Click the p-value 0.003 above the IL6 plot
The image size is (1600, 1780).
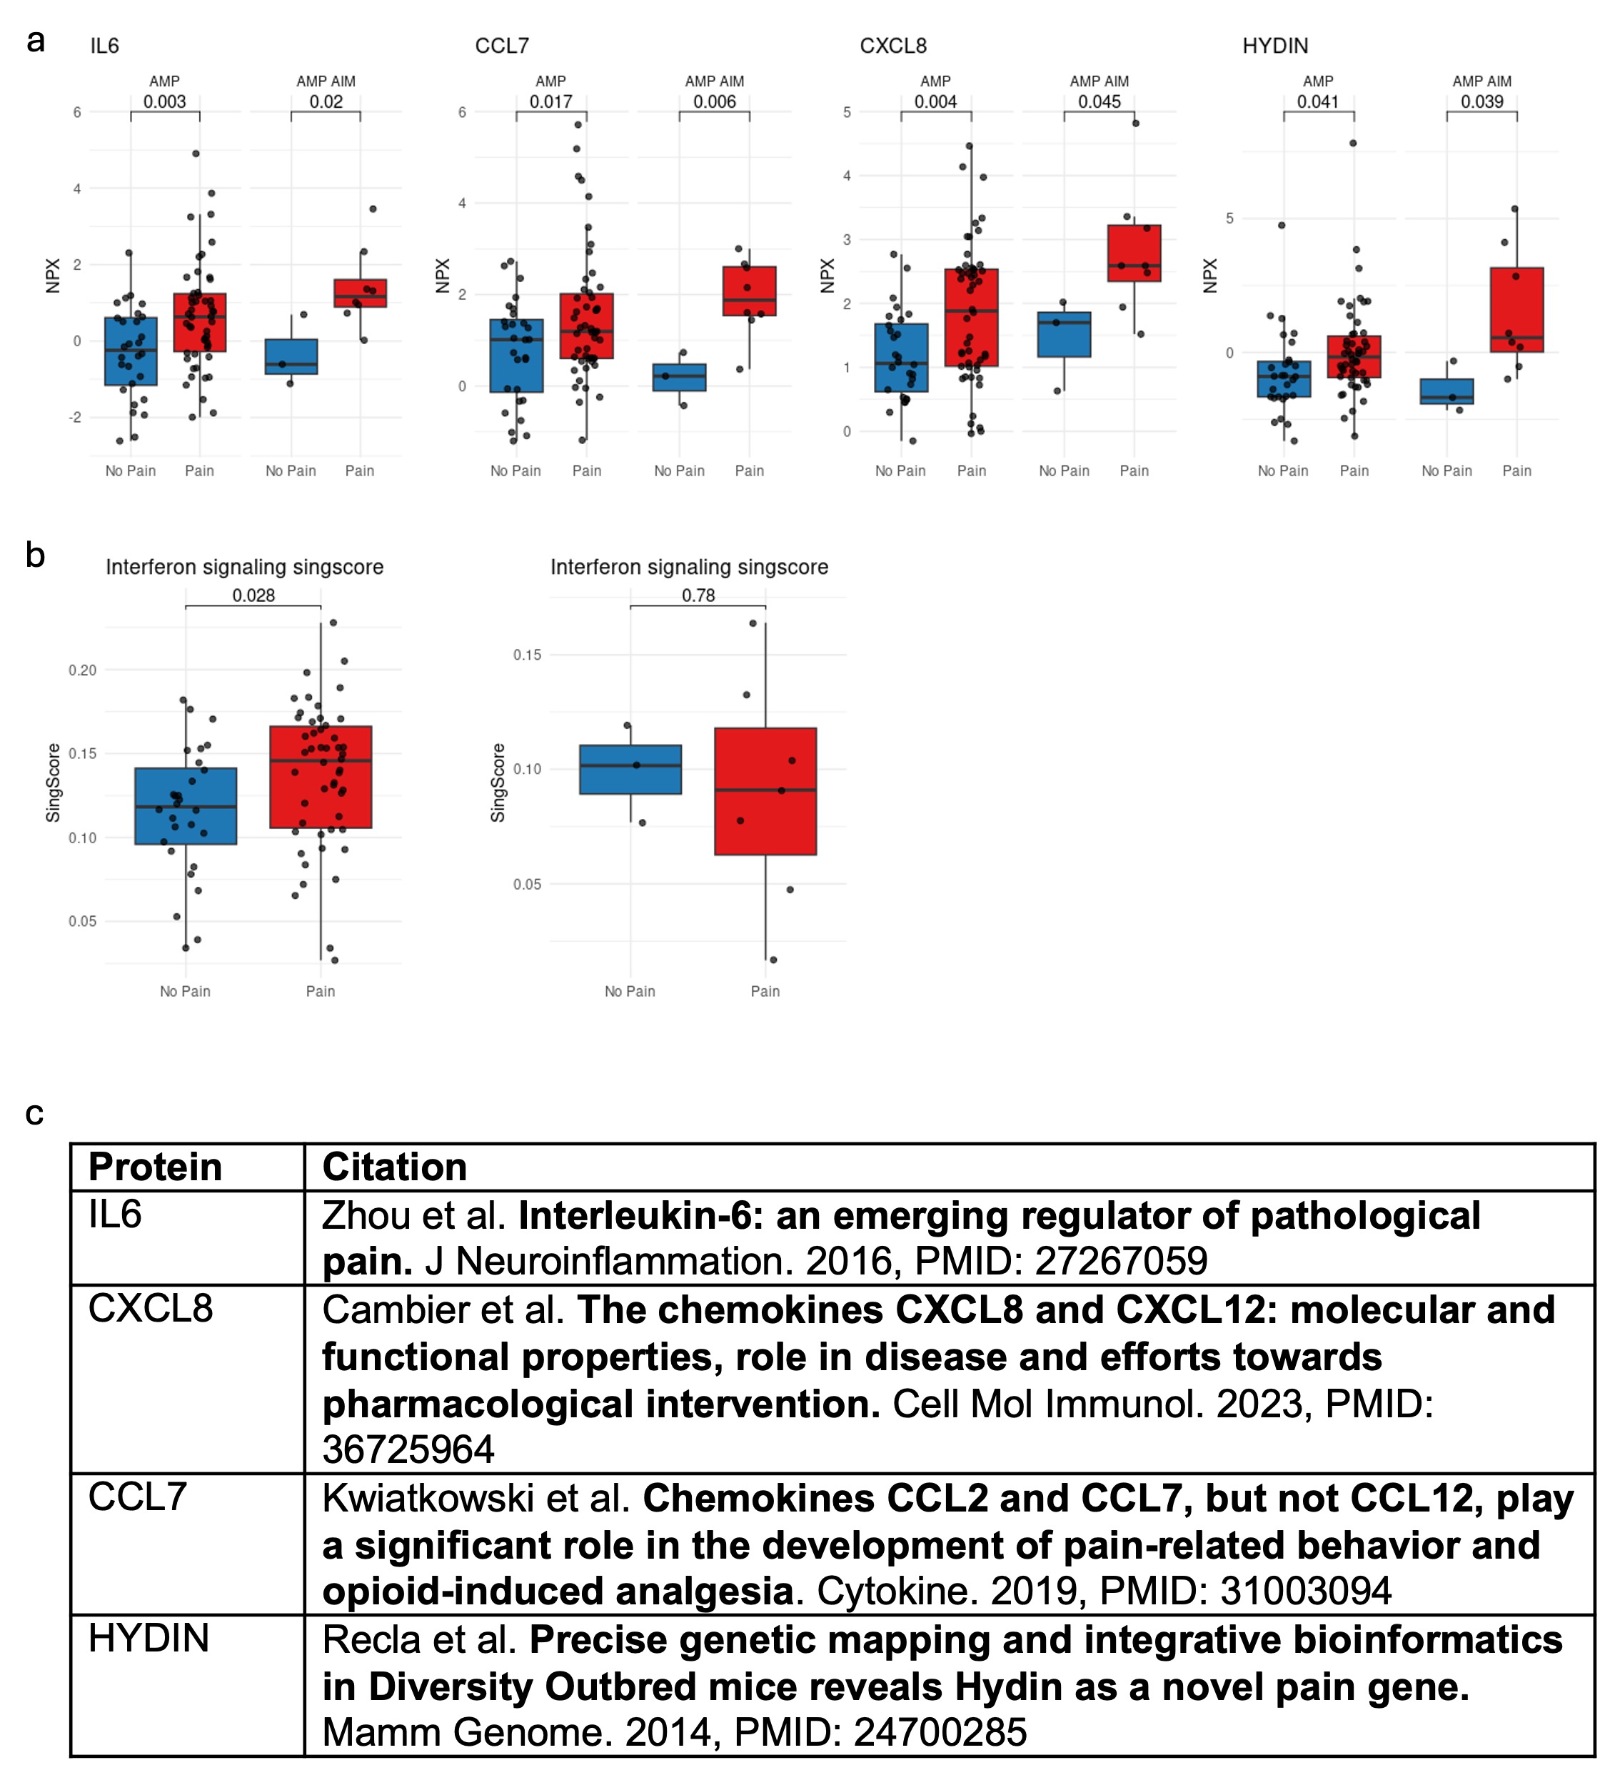pyautogui.click(x=164, y=101)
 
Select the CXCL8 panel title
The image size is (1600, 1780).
pyautogui.click(x=892, y=46)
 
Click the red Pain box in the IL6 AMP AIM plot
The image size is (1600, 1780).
pyautogui.click(x=360, y=293)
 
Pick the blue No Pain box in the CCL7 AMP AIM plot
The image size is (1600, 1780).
pyautogui.click(x=680, y=377)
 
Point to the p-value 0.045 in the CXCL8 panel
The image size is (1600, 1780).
pyautogui.click(x=1099, y=101)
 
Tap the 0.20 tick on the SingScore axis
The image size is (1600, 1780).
pyautogui.click(x=83, y=670)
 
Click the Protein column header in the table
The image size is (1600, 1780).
pyautogui.click(x=156, y=1167)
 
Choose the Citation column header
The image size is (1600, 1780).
pyautogui.click(x=395, y=1167)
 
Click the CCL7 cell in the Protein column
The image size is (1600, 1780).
pyautogui.click(x=137, y=1497)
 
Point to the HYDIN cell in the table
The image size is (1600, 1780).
pyautogui.click(x=149, y=1639)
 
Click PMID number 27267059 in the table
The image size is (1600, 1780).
pyautogui.click(x=1121, y=1262)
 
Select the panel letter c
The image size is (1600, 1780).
pyautogui.click(x=34, y=1113)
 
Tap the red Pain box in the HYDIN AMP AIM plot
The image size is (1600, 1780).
pyautogui.click(x=1516, y=309)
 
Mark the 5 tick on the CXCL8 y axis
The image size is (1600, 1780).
pyautogui.click(x=847, y=113)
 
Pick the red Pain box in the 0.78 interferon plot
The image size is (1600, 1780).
pyautogui.click(x=765, y=790)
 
